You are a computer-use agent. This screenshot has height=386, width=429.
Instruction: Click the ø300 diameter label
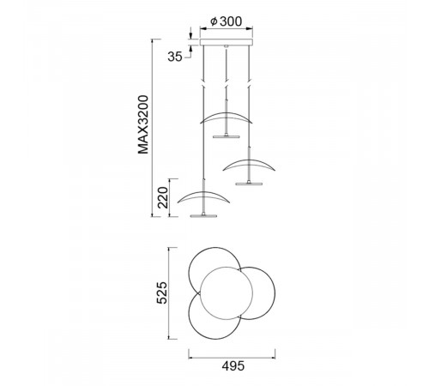(x=226, y=21)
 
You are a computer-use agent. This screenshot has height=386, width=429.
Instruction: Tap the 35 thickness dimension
(x=175, y=57)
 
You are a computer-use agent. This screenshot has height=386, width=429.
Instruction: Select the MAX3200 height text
(x=143, y=124)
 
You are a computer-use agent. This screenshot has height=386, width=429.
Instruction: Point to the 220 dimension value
(x=163, y=197)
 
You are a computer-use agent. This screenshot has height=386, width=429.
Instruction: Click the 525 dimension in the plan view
(x=162, y=293)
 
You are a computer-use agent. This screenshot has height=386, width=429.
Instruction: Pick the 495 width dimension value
(x=233, y=366)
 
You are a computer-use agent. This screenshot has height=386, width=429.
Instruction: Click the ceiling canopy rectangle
(x=227, y=42)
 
